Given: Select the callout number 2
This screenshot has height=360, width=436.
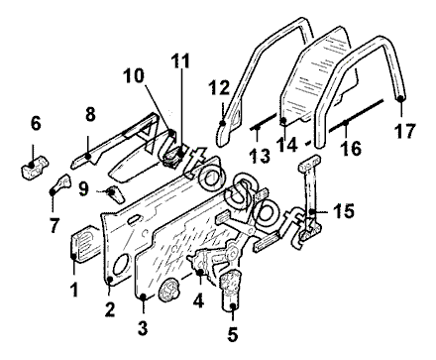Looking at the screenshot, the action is pyautogui.click(x=110, y=309).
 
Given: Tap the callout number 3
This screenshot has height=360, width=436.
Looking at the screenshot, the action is pyautogui.click(x=143, y=327).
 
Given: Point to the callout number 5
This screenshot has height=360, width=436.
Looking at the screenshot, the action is pyautogui.click(x=233, y=335).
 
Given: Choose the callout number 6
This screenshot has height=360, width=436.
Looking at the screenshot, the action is pyautogui.click(x=36, y=123).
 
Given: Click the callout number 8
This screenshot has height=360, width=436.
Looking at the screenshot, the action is pyautogui.click(x=90, y=114).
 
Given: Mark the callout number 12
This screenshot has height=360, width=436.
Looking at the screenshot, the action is pyautogui.click(x=219, y=88).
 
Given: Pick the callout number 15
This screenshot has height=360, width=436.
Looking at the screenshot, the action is pyautogui.click(x=344, y=210).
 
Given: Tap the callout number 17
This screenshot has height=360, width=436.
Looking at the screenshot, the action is pyautogui.click(x=405, y=131).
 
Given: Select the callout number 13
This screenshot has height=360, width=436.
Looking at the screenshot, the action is pyautogui.click(x=260, y=156).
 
